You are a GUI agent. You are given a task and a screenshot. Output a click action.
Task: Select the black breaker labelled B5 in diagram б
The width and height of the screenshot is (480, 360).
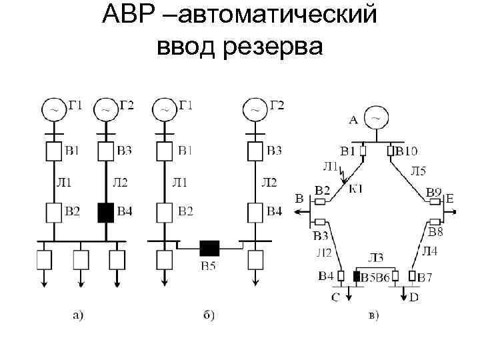point(209,249)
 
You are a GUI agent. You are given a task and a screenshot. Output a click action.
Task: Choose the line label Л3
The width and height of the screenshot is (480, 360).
point(377,258)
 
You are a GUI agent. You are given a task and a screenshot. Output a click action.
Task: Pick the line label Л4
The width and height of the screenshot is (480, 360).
point(431,251)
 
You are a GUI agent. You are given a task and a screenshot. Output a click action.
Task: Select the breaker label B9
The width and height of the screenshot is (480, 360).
point(434,193)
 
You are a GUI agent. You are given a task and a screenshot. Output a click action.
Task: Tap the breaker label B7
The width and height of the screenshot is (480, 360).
point(425,277)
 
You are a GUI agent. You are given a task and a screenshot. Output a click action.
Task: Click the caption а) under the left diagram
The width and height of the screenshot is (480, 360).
point(78,316)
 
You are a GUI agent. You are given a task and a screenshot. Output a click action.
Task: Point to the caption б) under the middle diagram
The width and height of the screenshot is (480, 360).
point(208,316)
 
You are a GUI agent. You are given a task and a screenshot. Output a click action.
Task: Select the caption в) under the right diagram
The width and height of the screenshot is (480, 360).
point(374,315)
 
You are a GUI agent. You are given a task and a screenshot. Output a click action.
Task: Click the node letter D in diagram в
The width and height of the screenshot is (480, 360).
point(414,297)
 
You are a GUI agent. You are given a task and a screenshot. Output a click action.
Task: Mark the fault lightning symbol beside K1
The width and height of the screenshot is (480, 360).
point(343,175)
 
